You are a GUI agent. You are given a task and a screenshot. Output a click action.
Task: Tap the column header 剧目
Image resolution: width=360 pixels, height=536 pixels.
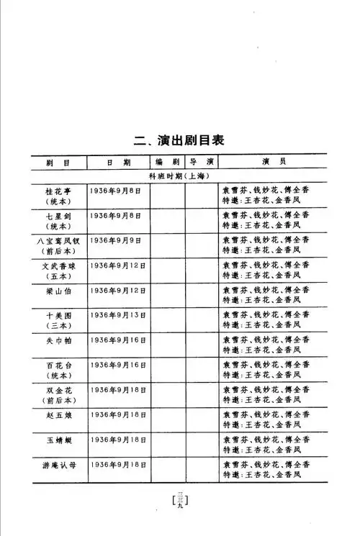[x=57, y=162]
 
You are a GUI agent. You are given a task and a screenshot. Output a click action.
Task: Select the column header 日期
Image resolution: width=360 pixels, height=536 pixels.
[x=118, y=162]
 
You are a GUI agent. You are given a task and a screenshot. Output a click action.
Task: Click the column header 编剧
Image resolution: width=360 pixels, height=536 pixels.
[x=166, y=162]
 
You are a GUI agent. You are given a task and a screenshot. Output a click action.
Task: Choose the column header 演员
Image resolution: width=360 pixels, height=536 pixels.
[x=269, y=162]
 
